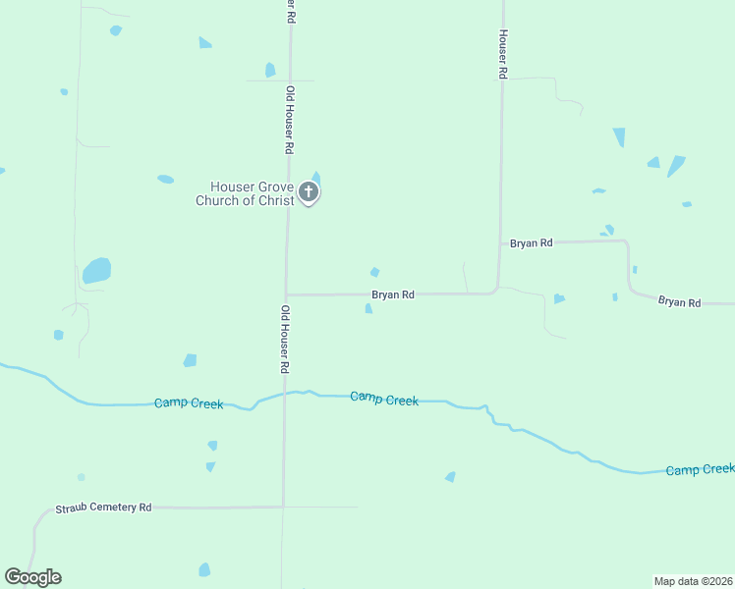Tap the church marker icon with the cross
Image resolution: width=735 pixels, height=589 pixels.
click(x=309, y=192)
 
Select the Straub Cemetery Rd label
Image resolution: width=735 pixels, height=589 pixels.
click(x=103, y=508)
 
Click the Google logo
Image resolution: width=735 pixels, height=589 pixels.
click(x=32, y=577)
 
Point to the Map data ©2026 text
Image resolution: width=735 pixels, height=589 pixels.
click(x=693, y=581)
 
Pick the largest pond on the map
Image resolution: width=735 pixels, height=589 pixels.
click(x=96, y=270)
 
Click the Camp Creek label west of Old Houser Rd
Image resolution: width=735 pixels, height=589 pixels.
click(x=189, y=403)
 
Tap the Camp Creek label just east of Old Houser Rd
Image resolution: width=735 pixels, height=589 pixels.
click(x=384, y=399)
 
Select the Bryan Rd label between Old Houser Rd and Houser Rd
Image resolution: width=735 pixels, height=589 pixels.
click(x=393, y=294)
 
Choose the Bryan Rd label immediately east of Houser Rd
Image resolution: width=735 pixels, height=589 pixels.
click(x=532, y=242)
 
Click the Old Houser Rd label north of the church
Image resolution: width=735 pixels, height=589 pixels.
click(x=290, y=121)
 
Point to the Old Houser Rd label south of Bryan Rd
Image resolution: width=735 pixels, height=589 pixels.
click(x=285, y=339)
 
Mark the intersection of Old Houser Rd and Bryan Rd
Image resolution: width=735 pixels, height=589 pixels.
click(x=286, y=294)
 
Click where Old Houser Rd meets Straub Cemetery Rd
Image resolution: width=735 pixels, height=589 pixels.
click(x=284, y=507)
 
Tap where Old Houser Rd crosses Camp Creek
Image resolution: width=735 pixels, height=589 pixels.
click(x=285, y=394)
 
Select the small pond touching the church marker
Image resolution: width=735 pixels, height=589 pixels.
click(x=315, y=178)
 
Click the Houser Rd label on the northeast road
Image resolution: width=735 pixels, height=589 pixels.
click(x=502, y=53)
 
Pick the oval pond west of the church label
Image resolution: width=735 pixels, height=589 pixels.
click(x=166, y=179)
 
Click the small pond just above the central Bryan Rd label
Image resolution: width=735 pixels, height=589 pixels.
click(x=374, y=272)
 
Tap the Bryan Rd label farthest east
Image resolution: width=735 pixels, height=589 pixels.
click(x=679, y=302)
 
